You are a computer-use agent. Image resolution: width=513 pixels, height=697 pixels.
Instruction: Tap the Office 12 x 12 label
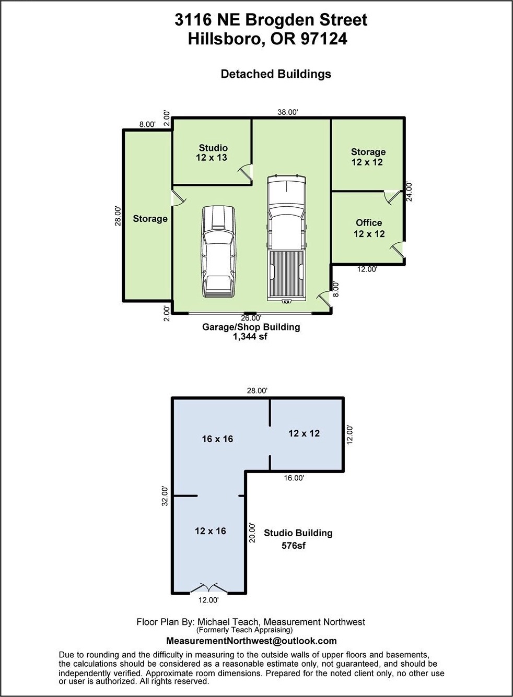(369, 228)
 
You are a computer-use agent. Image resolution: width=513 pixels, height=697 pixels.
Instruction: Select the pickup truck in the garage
(287, 239)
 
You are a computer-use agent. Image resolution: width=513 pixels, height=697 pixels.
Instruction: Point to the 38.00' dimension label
(288, 112)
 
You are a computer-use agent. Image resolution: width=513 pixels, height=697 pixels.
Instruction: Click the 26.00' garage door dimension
(251, 318)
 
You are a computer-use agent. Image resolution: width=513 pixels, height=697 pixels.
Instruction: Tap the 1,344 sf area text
(250, 336)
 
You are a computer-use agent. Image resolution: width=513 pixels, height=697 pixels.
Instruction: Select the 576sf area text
(293, 546)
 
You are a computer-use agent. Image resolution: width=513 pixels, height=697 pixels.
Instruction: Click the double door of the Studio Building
(209, 587)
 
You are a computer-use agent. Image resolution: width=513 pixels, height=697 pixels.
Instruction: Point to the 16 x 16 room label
(217, 439)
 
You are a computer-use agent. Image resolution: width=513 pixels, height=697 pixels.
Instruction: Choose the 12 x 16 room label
(211, 530)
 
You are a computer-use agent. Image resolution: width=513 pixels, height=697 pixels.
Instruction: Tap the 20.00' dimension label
(252, 533)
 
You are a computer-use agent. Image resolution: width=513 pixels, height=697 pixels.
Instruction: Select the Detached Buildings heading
(276, 74)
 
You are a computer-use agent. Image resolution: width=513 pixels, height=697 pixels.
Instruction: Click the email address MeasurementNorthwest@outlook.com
(251, 641)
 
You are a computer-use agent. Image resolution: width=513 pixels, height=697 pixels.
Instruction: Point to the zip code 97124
(323, 39)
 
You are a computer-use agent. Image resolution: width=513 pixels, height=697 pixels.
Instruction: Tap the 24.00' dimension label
(410, 192)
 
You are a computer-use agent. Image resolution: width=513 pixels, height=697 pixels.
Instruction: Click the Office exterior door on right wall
(399, 250)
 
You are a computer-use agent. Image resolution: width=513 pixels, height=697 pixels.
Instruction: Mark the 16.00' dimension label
(294, 478)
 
